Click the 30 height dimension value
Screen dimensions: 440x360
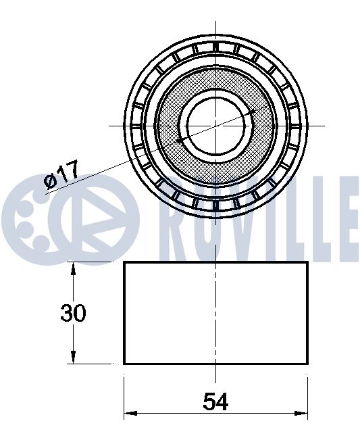[x=74, y=314]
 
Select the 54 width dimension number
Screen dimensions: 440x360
[x=215, y=402]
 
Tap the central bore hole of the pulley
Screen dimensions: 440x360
[x=215, y=125]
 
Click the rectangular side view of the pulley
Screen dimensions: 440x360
[x=215, y=312]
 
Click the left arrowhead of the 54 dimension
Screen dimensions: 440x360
[x=129, y=413]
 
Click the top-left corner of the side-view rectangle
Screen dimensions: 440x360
[x=124, y=262]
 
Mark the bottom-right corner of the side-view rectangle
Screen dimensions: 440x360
[x=307, y=363]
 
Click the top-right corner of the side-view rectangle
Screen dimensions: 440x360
[x=307, y=262]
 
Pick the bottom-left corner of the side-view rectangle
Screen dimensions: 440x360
[x=124, y=363]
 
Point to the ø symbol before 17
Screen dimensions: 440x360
[x=49, y=180]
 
